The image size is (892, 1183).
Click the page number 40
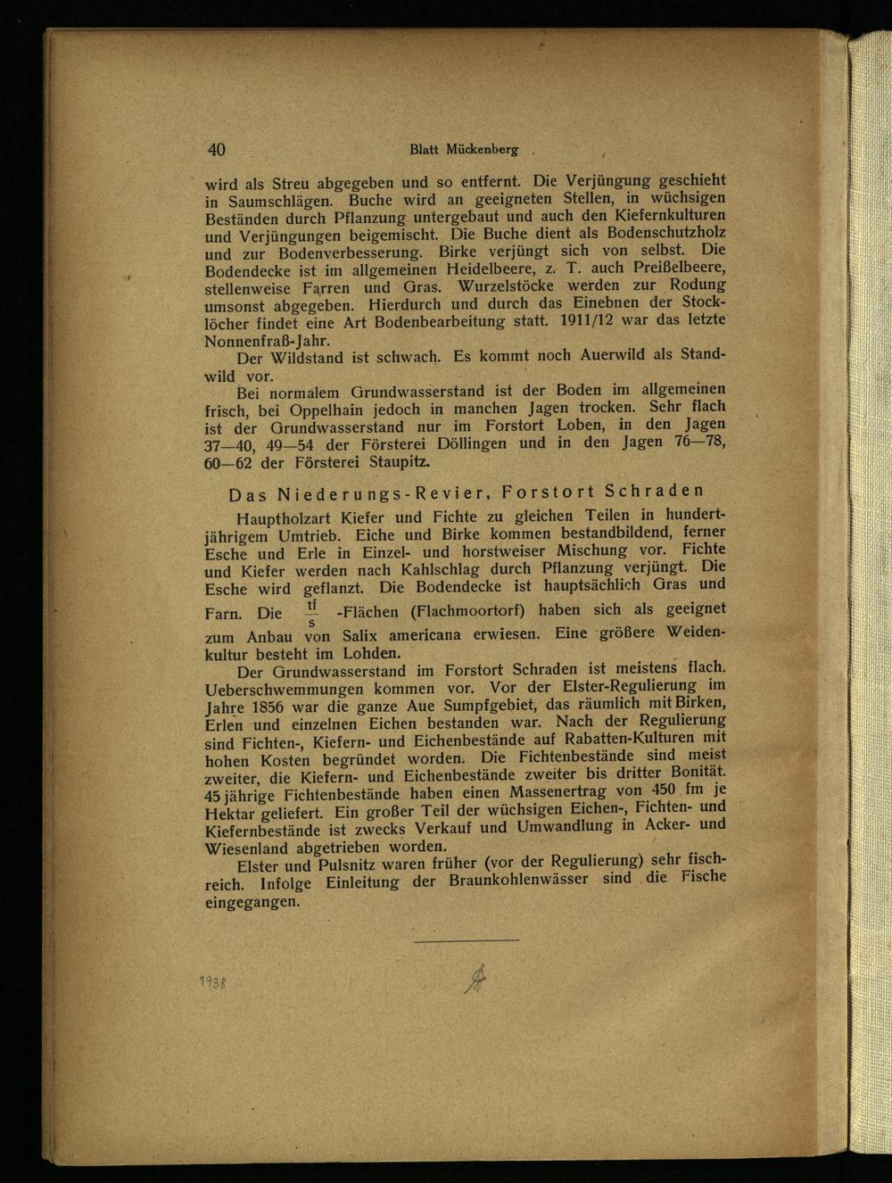pos(216,150)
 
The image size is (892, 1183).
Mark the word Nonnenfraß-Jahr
pos(254,341)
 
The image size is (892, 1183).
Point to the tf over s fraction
pos(311,613)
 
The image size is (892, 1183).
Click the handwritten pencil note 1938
pos(211,982)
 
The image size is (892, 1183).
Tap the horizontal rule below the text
pos(466,939)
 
